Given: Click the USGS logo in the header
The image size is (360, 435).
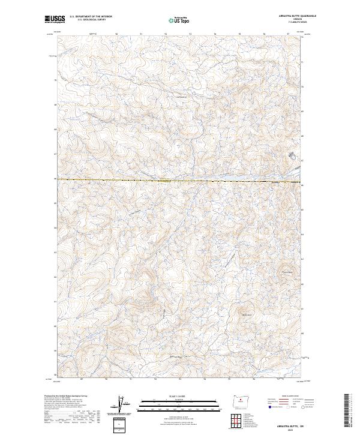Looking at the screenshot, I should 55,19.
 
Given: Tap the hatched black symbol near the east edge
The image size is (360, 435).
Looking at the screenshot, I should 292,155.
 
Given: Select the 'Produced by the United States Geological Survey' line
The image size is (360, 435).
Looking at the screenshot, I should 64,396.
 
